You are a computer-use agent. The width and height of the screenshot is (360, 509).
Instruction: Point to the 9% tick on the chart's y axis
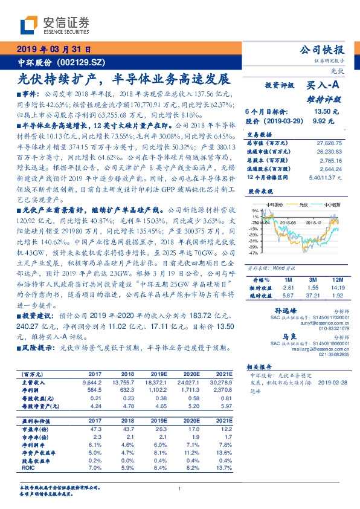point(256,210)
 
